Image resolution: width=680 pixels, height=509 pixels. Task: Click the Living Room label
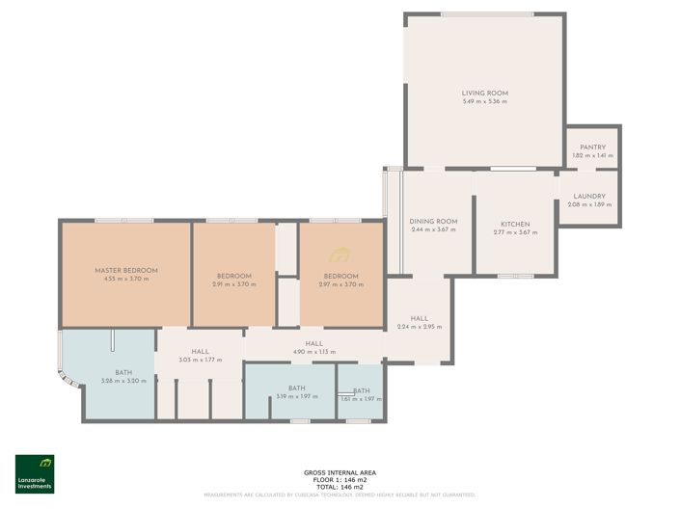484,94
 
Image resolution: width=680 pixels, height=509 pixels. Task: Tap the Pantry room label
592,147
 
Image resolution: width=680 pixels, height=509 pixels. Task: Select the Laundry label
589,196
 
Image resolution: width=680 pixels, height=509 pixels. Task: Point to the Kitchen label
514,224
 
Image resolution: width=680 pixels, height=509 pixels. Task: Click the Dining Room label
433,222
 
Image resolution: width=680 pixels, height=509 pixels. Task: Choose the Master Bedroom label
126,270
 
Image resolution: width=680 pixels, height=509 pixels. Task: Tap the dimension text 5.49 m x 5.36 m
484,102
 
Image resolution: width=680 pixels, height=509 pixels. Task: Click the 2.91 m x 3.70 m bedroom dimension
234,284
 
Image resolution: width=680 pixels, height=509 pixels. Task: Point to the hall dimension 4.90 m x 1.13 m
313,352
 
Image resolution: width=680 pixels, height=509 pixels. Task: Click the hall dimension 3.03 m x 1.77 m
201,360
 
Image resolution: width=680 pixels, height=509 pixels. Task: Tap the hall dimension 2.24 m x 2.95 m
419,327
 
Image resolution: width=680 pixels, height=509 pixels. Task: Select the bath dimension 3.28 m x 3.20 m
123,381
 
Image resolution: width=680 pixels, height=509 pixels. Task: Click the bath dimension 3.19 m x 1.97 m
297,397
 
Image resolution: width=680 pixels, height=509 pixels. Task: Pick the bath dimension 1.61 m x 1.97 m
361,398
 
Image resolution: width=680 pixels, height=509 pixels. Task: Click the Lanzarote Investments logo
35,473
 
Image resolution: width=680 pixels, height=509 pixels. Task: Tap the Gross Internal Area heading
340,472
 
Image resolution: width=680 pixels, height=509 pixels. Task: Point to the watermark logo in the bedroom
340,255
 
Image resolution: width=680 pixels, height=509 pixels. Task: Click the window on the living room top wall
484,13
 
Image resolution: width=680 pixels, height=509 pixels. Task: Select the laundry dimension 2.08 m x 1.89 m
589,204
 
